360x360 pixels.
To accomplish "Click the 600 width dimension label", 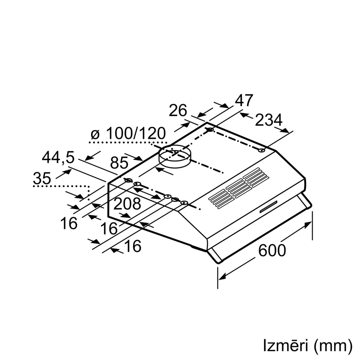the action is pyautogui.click(x=272, y=251).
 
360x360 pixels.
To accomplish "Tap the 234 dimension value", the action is pyautogui.click(x=269, y=120).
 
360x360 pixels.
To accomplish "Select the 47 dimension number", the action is pyautogui.click(x=244, y=100).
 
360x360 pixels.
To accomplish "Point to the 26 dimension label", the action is pyautogui.click(x=178, y=111).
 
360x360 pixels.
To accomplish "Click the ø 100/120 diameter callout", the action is pyautogui.click(x=128, y=134).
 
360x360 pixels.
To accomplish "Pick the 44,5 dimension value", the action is pyautogui.click(x=58, y=158).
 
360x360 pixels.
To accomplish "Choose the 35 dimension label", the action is pyautogui.click(x=42, y=178).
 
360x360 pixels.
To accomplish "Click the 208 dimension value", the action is pyautogui.click(x=127, y=204).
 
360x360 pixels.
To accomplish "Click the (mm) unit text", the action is pyautogui.click(x=333, y=347).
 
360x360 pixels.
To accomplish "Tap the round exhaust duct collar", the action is pyautogui.click(x=175, y=156).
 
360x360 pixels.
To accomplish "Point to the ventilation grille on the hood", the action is pyautogui.click(x=239, y=188).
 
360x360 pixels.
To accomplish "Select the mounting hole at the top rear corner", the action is pyautogui.click(x=210, y=130).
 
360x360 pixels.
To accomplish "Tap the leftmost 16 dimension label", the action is pyautogui.click(x=69, y=224).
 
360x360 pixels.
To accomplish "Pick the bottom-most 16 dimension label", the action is pyautogui.click(x=133, y=246).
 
